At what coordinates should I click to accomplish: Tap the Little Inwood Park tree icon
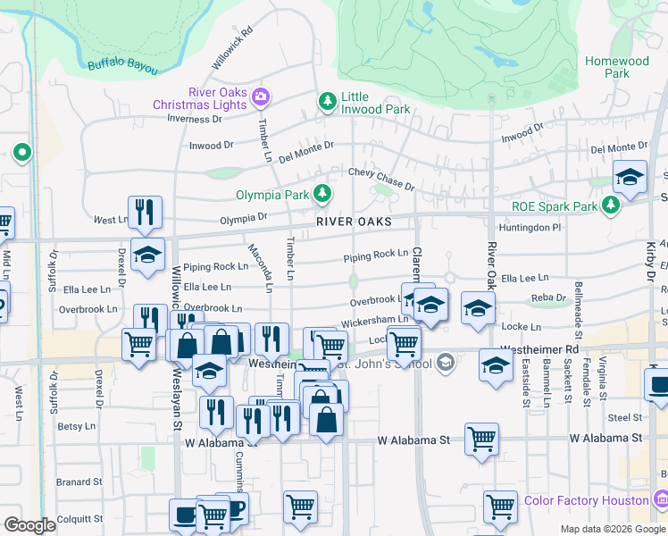(329, 101)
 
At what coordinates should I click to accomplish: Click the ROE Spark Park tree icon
(611, 206)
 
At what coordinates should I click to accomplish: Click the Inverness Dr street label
(194, 119)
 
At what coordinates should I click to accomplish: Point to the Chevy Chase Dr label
(381, 179)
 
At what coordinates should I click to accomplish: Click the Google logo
(29, 525)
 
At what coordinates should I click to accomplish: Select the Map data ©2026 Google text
(613, 529)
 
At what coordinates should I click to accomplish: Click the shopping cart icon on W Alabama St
(481, 438)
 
